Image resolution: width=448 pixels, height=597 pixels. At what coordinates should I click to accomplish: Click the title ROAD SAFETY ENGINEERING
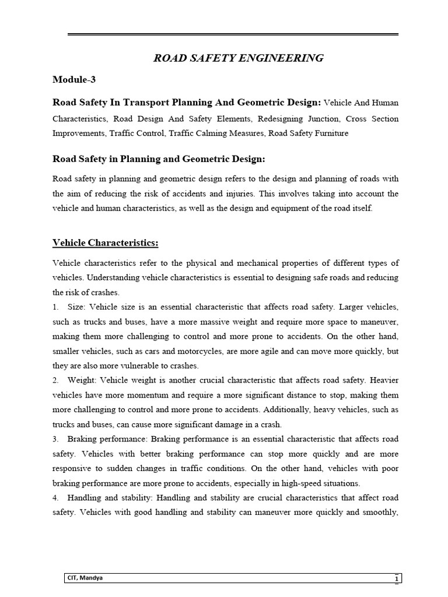237,58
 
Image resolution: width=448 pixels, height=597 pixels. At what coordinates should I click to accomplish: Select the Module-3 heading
74,80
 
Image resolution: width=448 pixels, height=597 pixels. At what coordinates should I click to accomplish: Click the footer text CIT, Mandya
86,578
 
